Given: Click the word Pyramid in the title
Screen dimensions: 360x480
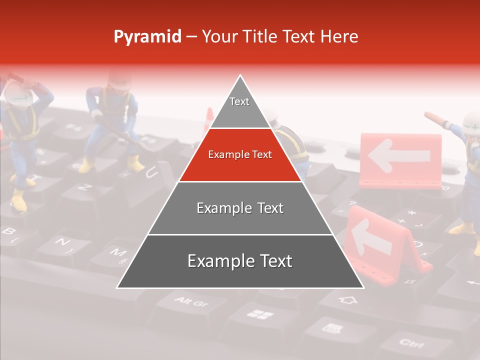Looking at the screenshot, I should point(147,36).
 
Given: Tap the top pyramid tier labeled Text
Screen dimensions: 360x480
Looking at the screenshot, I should point(239,105).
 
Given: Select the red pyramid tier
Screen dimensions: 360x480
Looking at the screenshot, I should point(240,155).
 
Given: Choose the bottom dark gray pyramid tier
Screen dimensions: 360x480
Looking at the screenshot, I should point(240,261).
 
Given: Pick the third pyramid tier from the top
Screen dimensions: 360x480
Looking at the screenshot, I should point(240,208).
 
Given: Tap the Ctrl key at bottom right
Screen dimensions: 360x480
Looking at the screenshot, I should point(411,343).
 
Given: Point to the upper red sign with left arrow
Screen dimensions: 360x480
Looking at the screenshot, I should point(400,157).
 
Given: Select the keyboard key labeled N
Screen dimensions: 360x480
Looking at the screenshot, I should point(62,242).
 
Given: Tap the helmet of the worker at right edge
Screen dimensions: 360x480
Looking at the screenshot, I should point(471,122).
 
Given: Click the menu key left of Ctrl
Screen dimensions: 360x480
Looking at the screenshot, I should point(331,328).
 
